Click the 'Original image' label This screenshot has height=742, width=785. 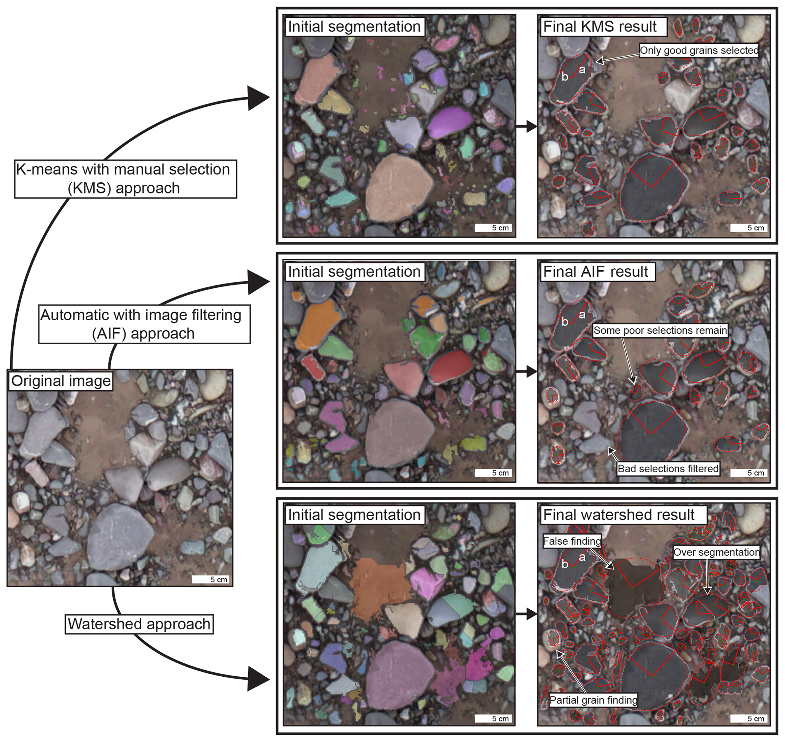(61, 381)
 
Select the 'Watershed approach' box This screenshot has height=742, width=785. (139, 624)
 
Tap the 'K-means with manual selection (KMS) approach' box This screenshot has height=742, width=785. (125, 178)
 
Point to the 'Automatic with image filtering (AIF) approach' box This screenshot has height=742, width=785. (144, 324)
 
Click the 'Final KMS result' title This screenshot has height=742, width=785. (599, 27)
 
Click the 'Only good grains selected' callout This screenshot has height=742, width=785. (699, 50)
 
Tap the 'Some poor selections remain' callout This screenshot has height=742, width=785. (660, 330)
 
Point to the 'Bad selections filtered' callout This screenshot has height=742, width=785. (668, 469)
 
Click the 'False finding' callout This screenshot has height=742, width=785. (572, 541)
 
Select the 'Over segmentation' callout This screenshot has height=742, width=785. (716, 552)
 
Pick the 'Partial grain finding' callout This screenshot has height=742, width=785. (594, 700)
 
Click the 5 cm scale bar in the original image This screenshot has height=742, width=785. (210, 579)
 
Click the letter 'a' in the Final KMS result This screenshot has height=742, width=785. (582, 70)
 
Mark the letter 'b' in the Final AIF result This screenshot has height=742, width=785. (565, 322)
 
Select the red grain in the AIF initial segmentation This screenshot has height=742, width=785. (450, 366)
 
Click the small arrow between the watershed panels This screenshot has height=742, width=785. (526, 614)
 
